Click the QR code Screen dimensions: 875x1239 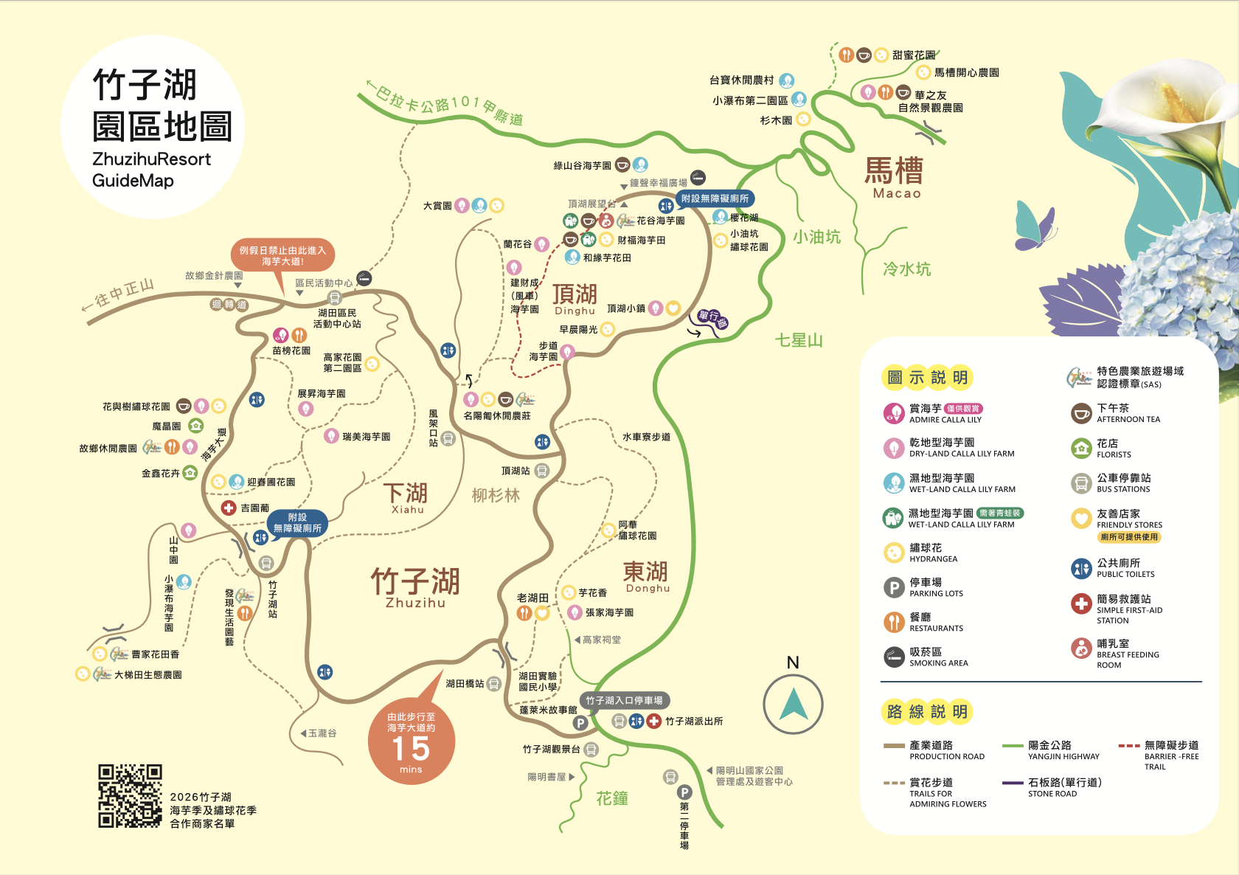(130, 795)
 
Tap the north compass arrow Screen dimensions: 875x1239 (793, 704)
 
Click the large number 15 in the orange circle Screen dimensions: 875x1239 (411, 748)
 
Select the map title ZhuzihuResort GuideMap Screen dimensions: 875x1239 (151, 169)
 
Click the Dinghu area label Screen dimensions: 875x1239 (575, 299)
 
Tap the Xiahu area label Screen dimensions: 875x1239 (406, 498)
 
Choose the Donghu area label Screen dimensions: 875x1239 (646, 576)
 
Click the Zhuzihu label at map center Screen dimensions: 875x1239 (415, 587)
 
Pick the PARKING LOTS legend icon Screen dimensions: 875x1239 (893, 587)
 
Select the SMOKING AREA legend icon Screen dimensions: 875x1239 (893, 657)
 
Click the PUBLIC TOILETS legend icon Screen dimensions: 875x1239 (1081, 568)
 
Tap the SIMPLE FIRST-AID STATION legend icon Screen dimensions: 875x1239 (1081, 603)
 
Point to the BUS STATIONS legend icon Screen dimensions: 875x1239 (1081, 483)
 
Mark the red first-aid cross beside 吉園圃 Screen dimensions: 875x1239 (229, 508)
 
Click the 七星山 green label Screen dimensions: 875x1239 (798, 340)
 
